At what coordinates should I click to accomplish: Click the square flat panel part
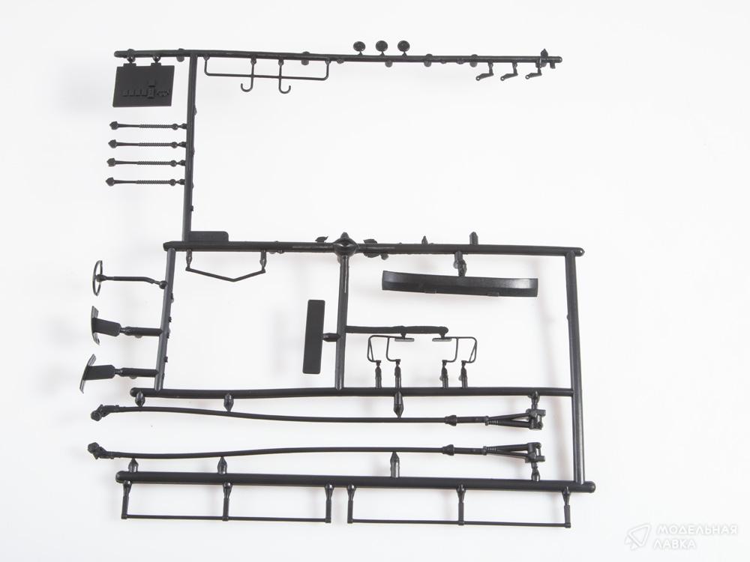[x=143, y=85]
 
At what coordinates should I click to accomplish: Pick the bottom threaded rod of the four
[x=145, y=182]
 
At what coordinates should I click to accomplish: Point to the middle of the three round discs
[x=382, y=46]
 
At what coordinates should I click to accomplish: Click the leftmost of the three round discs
[x=360, y=46]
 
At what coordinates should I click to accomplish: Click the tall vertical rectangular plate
[x=313, y=336]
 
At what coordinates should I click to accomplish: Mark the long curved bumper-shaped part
[x=460, y=283]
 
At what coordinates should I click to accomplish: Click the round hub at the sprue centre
[x=345, y=245]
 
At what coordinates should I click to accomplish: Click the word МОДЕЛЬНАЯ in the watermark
[x=696, y=530]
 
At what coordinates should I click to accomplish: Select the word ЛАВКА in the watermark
[x=676, y=544]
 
